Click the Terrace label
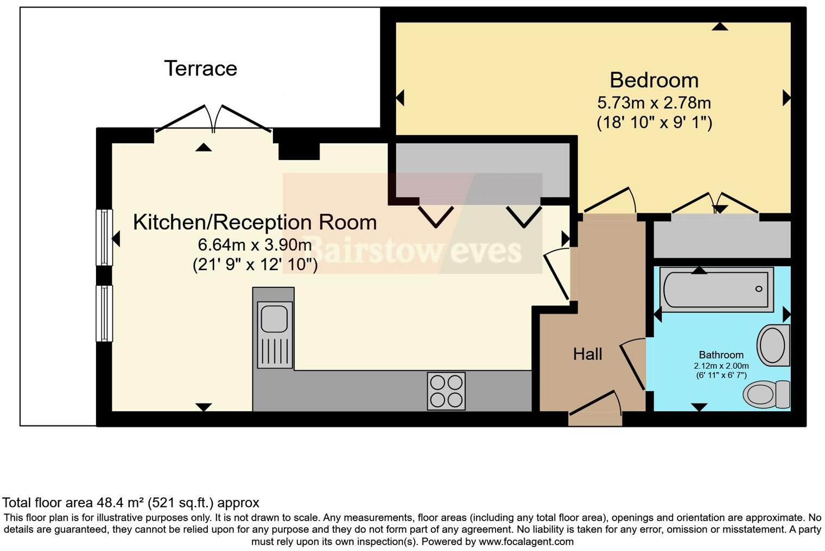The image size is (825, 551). pos(200,68)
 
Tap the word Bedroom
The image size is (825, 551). pos(654,80)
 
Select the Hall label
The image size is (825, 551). pos(587,354)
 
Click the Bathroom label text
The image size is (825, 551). pos(721,355)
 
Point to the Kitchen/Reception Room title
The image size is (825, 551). pos(255,222)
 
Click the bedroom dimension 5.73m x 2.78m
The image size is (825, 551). pos(654,102)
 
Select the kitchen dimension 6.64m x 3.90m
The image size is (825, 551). pos(255,245)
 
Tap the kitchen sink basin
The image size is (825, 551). pos(274,318)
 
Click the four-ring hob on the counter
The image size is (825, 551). pos(446,391)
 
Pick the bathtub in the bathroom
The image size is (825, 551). pos(716,290)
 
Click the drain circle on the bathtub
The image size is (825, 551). pos(759,289)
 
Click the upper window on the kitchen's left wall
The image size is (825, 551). pos(104,238)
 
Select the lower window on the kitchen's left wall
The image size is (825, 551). pos(104,313)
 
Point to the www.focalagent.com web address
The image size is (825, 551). pos(525,541)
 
